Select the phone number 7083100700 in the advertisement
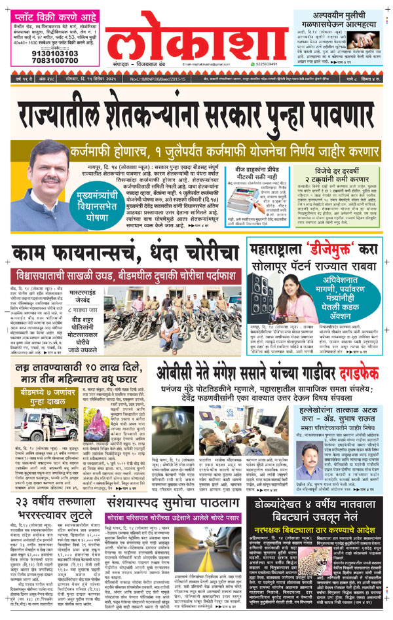tap(41, 62)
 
